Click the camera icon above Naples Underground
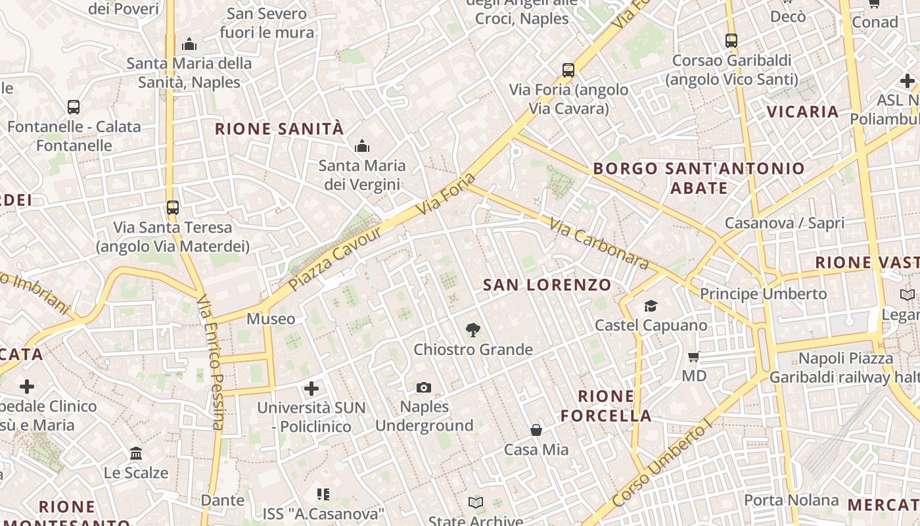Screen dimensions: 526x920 click(424, 388)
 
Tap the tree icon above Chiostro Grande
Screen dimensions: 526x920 click(472, 330)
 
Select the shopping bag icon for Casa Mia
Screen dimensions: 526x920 click(536, 431)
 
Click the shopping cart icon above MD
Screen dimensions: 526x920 click(693, 357)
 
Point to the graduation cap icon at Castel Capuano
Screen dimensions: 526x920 click(651, 306)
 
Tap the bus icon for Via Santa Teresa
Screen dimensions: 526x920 click(172, 208)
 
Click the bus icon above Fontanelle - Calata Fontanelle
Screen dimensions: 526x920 click(74, 107)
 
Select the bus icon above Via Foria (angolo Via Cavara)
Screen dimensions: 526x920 click(568, 70)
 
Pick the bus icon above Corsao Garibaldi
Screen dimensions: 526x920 click(731, 41)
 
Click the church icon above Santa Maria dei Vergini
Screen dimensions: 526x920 click(361, 147)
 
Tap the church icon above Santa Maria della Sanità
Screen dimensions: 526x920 click(189, 45)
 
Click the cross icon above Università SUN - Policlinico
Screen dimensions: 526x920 click(311, 389)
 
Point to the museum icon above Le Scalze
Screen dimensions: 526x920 click(136, 454)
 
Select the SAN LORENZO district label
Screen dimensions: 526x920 click(547, 285)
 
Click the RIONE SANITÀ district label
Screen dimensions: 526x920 click(280, 129)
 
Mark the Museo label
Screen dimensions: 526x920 click(271, 319)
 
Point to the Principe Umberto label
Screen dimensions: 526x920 click(763, 294)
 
